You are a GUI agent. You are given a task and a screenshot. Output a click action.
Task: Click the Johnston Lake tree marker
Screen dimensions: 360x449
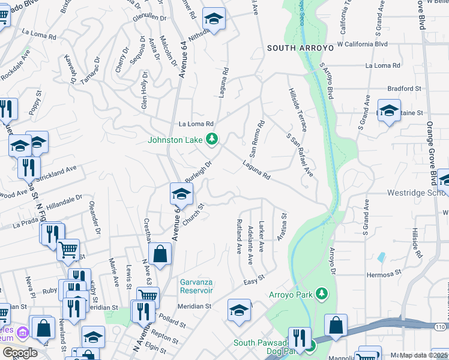[x=211, y=140]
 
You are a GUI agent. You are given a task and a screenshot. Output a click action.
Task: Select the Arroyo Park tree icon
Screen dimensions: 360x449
[x=323, y=293]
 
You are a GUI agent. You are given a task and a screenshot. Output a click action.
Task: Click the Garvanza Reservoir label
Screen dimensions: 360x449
[x=197, y=286]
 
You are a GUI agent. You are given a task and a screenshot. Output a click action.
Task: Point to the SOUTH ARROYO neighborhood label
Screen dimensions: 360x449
[x=295, y=47]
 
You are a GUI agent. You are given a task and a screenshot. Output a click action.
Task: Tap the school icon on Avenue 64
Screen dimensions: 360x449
[x=181, y=193]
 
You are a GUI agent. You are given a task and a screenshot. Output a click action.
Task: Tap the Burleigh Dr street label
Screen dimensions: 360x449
[x=199, y=172]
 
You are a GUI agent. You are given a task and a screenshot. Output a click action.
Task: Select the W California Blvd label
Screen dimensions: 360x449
[x=362, y=44]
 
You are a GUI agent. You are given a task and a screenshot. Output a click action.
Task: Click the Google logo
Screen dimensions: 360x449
[x=19, y=352]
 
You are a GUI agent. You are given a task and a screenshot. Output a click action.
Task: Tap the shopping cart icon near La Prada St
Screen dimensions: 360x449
[x=68, y=249]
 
